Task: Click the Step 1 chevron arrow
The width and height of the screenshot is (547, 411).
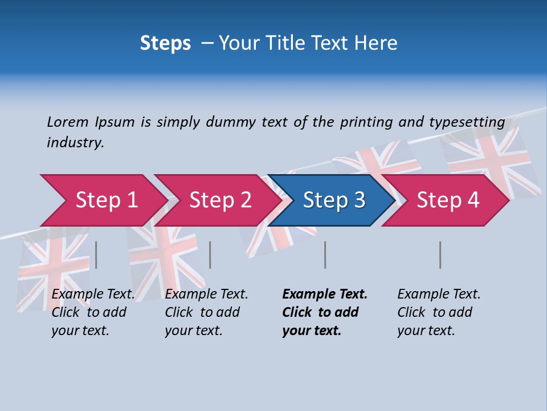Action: click(106, 200)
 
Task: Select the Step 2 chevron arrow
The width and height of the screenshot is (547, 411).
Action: click(220, 200)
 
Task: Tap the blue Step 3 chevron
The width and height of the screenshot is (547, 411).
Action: click(334, 200)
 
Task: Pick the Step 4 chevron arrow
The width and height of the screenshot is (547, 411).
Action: click(448, 200)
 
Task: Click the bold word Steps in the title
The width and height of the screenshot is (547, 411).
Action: click(165, 43)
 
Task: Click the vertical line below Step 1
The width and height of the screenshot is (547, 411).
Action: click(96, 255)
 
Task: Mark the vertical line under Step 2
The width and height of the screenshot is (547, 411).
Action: click(210, 255)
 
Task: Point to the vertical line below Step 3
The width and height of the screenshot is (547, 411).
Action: click(325, 255)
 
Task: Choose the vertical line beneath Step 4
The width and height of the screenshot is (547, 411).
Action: click(440, 255)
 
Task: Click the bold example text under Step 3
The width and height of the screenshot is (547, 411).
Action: click(325, 312)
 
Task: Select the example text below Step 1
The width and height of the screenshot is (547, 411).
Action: click(93, 312)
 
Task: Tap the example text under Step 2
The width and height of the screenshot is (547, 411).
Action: click(206, 312)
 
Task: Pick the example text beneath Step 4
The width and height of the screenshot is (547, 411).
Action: click(439, 312)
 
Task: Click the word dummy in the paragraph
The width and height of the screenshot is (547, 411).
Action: click(231, 122)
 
